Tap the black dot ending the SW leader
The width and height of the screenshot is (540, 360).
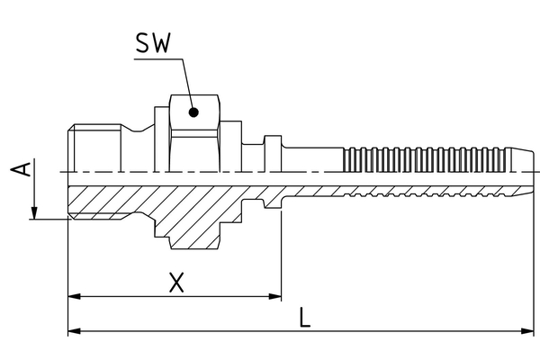point(193,112)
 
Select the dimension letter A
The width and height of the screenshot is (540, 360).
point(26,171)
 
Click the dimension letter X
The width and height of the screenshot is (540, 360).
point(177,283)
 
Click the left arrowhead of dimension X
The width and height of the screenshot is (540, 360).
point(74,296)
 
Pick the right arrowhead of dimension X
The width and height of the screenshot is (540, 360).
point(275,296)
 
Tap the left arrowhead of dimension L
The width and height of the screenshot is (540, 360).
point(74,331)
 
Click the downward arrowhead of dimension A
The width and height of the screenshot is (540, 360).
point(33,212)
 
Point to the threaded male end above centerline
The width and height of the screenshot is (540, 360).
point(90,148)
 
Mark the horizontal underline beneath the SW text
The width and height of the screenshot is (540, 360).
point(158,59)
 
